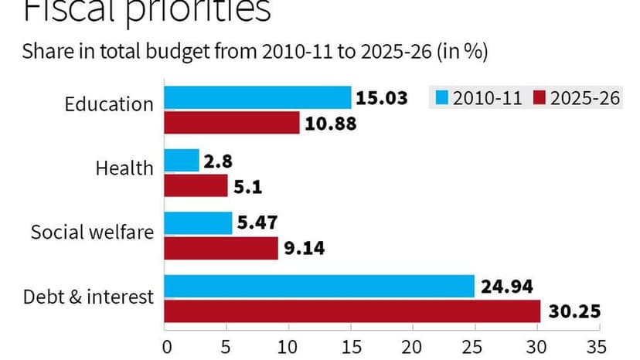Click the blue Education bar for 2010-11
(257, 98)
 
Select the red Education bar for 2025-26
(232, 123)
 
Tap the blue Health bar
(182, 161)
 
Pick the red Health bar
(196, 185)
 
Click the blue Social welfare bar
(199, 223)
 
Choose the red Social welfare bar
(221, 248)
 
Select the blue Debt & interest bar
(319, 286)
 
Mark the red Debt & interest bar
(352, 311)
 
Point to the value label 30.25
(574, 312)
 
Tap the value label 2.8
(218, 161)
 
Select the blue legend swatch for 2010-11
(443, 98)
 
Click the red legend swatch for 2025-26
(539, 98)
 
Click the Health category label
(124, 167)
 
